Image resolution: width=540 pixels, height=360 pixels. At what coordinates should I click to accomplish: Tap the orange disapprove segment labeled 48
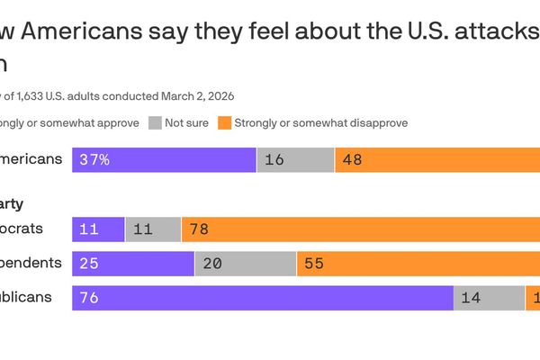point(436,160)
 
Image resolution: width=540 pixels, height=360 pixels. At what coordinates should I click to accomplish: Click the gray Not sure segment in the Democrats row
point(153,229)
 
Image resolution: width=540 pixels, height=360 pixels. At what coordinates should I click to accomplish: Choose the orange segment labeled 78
point(360,229)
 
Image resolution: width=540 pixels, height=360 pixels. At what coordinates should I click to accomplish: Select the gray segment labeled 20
point(246,264)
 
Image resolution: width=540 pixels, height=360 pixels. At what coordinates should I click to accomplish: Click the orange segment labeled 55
point(418,264)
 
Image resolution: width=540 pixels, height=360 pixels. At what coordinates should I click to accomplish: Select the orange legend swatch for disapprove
point(223,122)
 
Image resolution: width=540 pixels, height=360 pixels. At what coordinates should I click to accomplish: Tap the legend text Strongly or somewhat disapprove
point(320,122)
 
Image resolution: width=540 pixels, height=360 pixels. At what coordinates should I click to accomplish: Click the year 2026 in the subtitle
point(220,94)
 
